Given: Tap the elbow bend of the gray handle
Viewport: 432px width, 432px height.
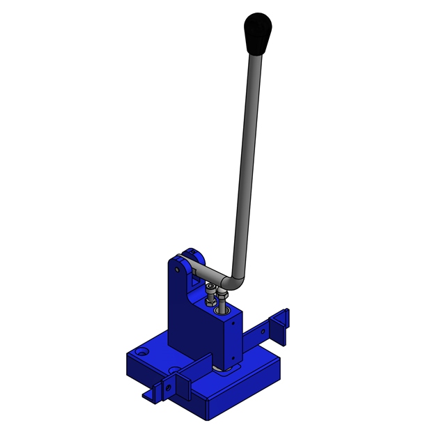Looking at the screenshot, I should [x=236, y=281].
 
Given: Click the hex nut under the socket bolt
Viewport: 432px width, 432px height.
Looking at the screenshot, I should [x=210, y=302].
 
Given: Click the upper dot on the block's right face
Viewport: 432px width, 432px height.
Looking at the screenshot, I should [x=234, y=323].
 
